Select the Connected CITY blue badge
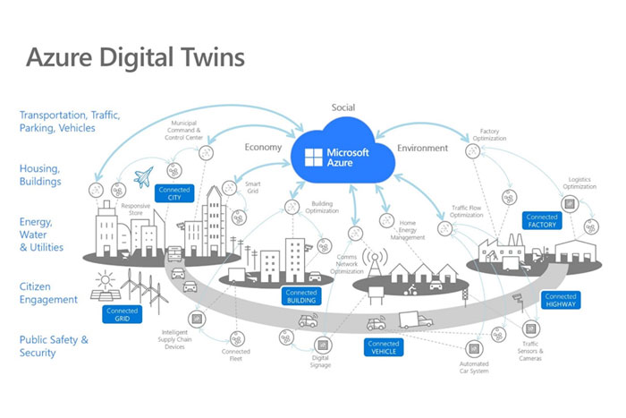coord(174,192)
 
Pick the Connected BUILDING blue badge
coord(301,296)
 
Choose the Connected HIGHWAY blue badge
coord(561,301)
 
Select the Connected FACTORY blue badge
coord(542,220)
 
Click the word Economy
coord(263,147)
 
